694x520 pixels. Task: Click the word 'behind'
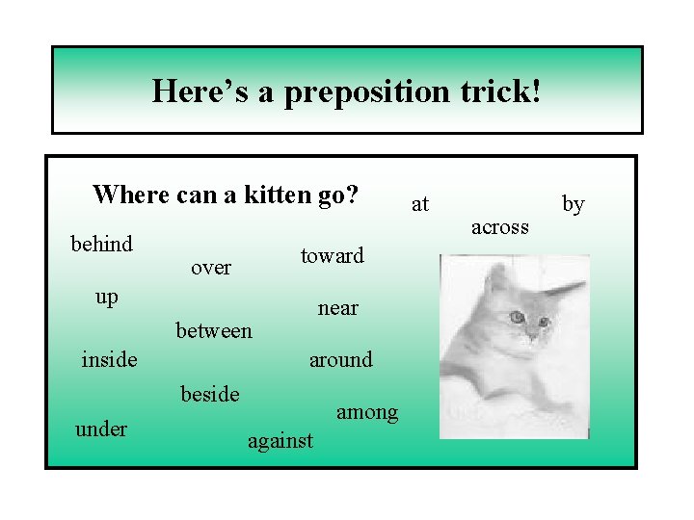coord(101,244)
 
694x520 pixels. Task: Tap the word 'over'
coord(210,268)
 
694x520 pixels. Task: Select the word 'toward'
coord(332,255)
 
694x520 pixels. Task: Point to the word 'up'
coord(107,298)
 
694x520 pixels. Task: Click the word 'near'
coord(337,308)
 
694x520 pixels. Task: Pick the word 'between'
coord(213,330)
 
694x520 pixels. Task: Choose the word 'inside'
coord(109,360)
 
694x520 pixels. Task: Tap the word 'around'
coord(339,360)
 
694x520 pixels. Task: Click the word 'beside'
coord(210,393)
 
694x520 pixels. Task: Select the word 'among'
coord(366,412)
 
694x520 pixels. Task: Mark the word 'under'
coord(100,429)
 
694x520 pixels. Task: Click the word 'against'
coord(280,441)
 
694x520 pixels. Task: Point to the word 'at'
coord(420,204)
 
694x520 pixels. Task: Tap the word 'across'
coord(499,227)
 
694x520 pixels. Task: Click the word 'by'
coord(574,204)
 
